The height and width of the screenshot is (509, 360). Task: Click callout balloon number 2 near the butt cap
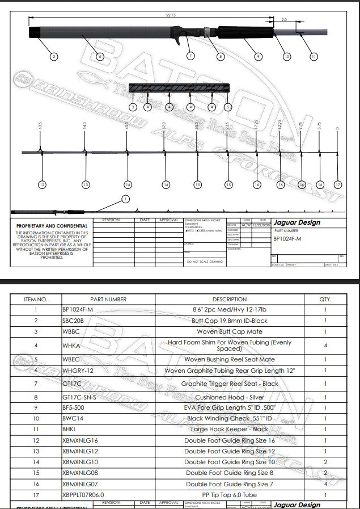coord(53,56)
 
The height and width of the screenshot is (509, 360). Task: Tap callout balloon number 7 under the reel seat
coord(190,56)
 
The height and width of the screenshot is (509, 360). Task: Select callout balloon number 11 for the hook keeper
coord(314,56)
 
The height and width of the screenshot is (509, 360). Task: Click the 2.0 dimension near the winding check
coord(284,19)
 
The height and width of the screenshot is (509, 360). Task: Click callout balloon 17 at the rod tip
coord(338,184)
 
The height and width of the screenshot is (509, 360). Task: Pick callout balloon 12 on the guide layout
coord(41,184)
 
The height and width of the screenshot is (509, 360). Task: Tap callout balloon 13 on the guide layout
coord(86,184)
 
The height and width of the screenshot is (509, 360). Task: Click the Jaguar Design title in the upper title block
coord(297,222)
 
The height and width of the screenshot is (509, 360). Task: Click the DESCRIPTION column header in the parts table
coord(230,299)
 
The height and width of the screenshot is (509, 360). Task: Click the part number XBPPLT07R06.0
coord(83,494)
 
